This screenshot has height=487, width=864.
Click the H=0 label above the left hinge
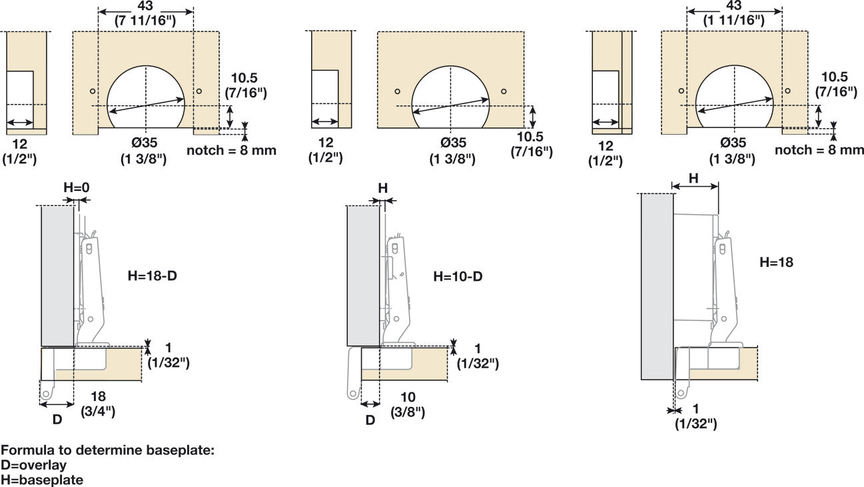[x=76, y=188]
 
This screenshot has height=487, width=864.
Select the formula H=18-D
[x=153, y=274]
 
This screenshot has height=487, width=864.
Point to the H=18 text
[x=776, y=262]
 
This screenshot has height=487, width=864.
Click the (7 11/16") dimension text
[x=145, y=21]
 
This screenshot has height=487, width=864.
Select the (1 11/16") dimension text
[x=734, y=21]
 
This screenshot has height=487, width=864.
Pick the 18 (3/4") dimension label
[x=97, y=404]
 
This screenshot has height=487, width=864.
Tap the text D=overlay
[x=34, y=464]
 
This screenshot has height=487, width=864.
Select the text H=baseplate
[x=42, y=479]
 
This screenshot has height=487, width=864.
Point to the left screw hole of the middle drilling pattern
[x=397, y=91]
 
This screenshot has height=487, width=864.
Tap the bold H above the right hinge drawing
[x=693, y=178]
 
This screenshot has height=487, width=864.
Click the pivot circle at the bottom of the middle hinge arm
[x=352, y=394]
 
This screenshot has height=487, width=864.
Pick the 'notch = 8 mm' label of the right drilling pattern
[x=819, y=150]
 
